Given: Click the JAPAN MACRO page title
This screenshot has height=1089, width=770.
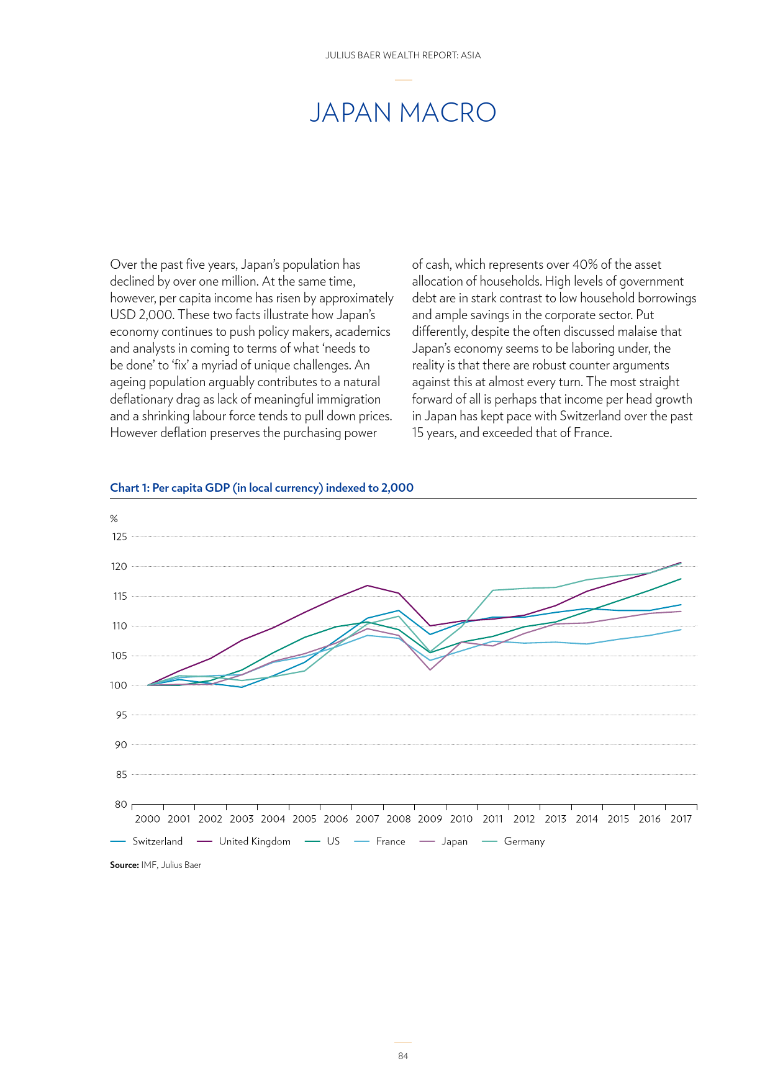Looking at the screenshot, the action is (x=402, y=112).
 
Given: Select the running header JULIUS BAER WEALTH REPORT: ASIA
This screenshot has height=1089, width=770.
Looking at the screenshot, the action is (x=403, y=55).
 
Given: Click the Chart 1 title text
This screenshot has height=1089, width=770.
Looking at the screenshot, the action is (x=261, y=487).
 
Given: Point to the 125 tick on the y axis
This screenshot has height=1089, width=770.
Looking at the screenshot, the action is (x=119, y=536).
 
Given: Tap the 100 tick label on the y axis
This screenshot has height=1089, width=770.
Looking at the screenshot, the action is (x=119, y=685).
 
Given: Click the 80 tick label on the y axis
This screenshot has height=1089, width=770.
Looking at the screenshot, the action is (x=121, y=804).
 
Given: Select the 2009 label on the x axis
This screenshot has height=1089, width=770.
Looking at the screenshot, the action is (x=430, y=818).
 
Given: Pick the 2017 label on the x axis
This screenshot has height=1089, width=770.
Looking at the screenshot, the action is (x=681, y=818).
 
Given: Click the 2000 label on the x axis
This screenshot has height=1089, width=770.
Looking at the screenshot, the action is (x=147, y=818).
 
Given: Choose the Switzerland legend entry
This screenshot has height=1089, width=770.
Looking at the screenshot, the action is (x=147, y=841).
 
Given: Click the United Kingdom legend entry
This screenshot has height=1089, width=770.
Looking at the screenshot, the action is (x=243, y=841).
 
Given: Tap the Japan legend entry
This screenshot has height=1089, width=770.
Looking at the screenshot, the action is (x=444, y=841).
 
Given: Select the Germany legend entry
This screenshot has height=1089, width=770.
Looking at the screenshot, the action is (x=514, y=841).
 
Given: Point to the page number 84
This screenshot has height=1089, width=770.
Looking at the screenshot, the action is (x=403, y=1056).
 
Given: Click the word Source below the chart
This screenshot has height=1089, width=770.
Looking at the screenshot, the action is (x=124, y=865).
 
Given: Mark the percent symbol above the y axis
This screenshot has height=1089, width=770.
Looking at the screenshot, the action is (x=114, y=518).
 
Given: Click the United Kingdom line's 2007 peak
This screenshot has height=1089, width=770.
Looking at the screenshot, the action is (x=368, y=585).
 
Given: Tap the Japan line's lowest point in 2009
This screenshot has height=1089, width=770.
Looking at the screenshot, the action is (x=430, y=669).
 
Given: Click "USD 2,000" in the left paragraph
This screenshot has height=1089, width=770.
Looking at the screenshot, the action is (x=142, y=315).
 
